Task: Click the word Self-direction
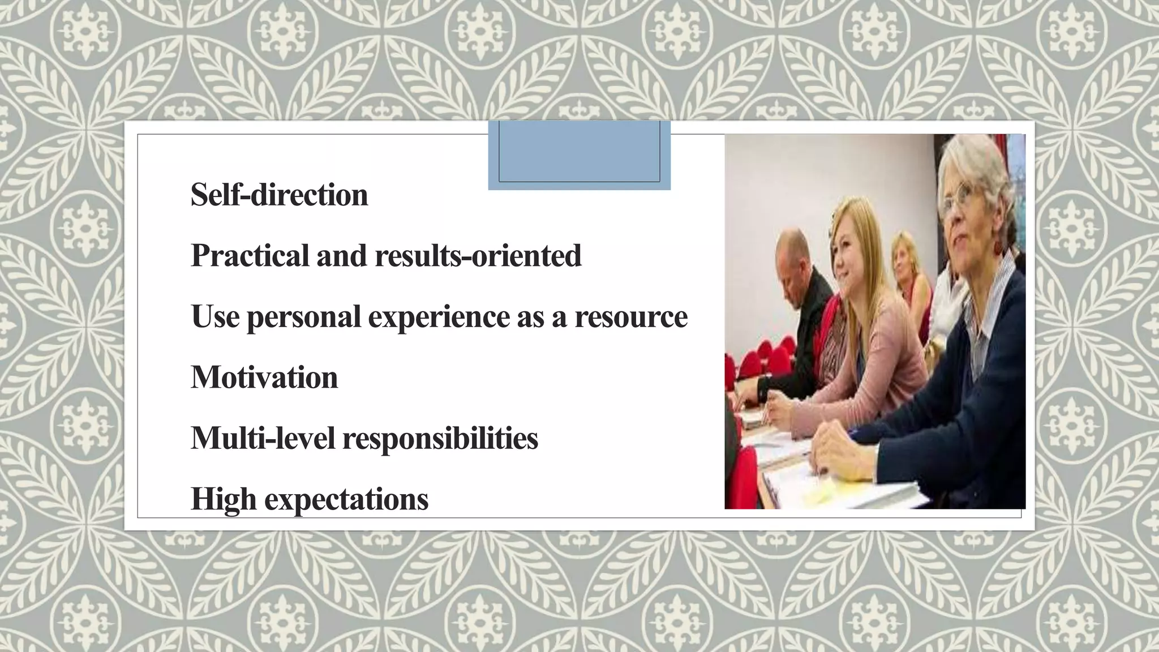[279, 195]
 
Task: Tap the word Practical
[250, 256]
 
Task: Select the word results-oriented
[478, 256]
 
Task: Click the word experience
[439, 316]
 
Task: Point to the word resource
[631, 316]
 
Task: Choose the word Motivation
[264, 378]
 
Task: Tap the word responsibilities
[440, 438]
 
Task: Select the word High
[223, 499]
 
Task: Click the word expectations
[346, 499]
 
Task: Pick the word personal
[304, 316]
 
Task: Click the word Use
[215, 316]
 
